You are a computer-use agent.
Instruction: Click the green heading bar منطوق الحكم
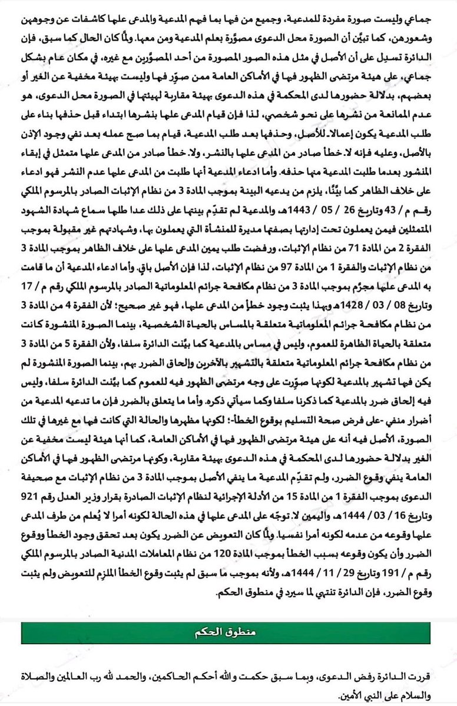point(228,634)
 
